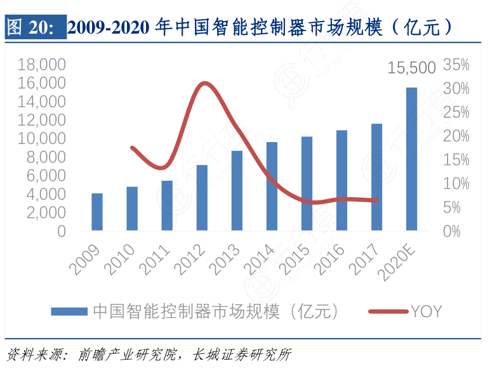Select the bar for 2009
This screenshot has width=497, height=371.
click(97, 212)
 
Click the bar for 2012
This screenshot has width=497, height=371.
click(202, 198)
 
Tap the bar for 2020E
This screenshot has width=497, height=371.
click(411, 159)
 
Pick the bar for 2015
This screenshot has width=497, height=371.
click(307, 183)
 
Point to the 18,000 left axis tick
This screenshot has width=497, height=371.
click(43, 64)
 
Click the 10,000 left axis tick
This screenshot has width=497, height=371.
click(43, 138)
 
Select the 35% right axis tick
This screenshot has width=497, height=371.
click(456, 64)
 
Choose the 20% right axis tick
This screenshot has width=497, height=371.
click(456, 136)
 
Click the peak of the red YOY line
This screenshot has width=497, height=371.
click(204, 83)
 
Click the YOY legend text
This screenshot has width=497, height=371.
click(426, 311)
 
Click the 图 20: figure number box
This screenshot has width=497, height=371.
click(35, 28)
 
